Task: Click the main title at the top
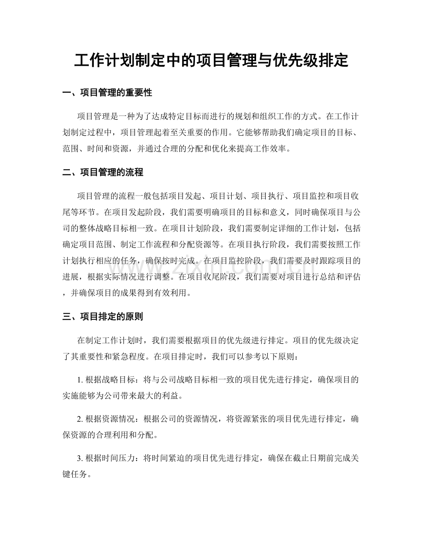pos(211,60)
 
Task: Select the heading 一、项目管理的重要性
pos(107,93)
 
